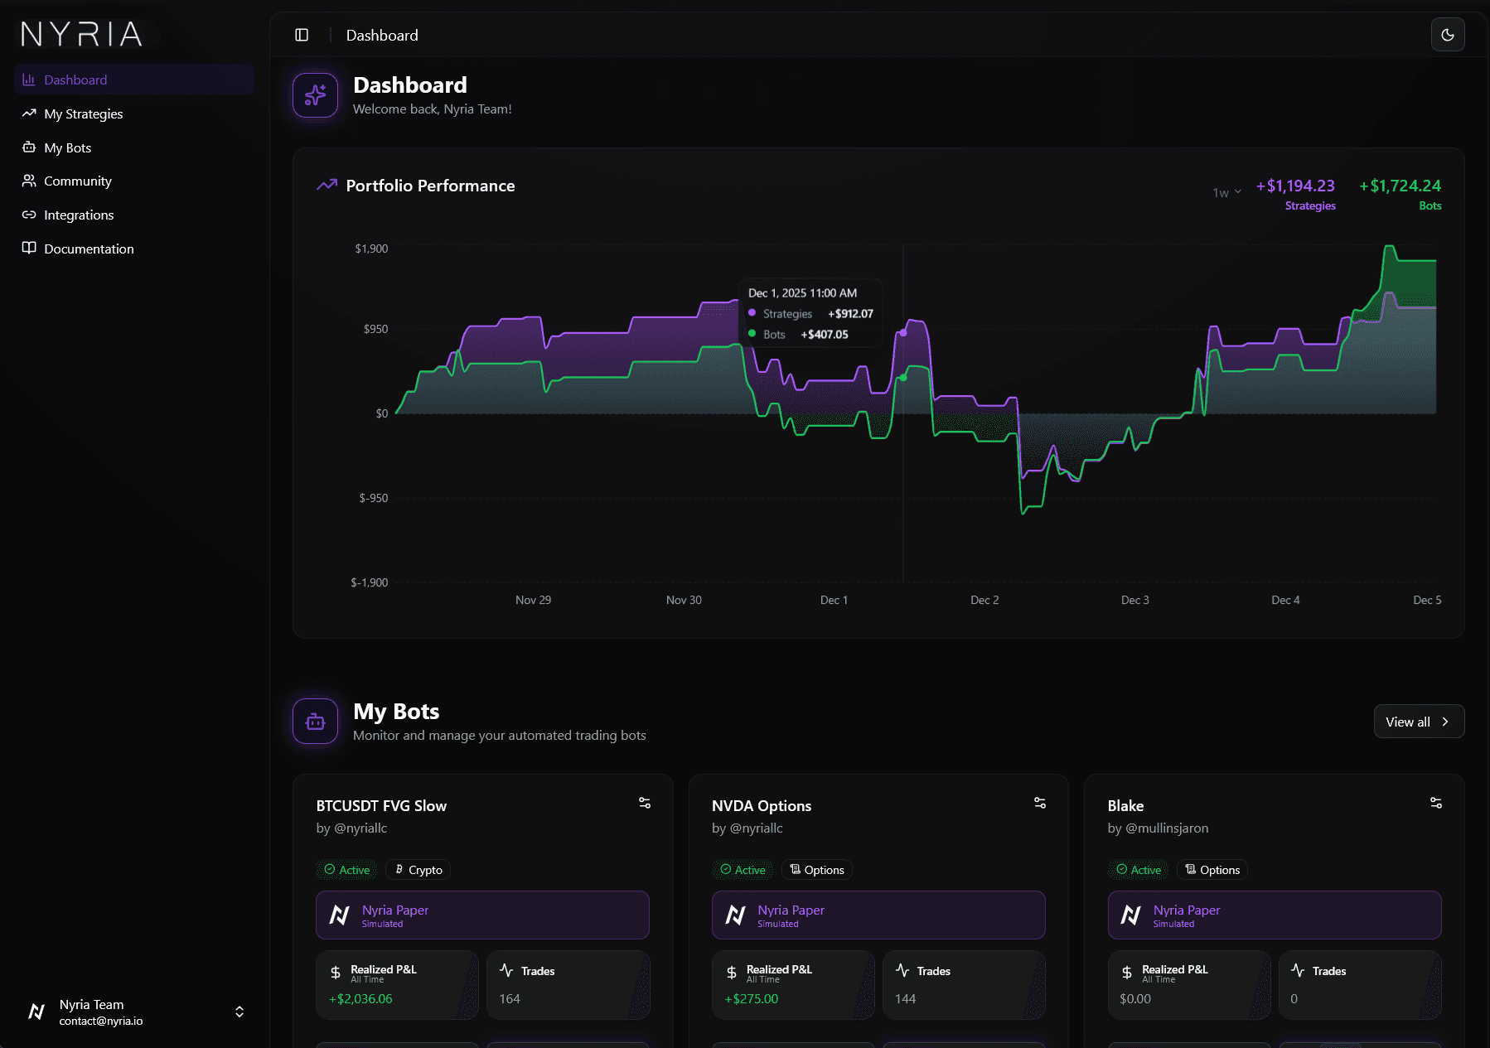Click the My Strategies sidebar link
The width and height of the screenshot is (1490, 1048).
click(x=83, y=113)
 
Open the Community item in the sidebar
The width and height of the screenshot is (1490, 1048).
click(x=77, y=181)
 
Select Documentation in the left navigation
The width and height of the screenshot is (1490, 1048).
click(x=88, y=249)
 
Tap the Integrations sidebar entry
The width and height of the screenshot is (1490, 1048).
click(x=78, y=215)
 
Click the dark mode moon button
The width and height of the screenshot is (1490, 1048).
click(x=1447, y=35)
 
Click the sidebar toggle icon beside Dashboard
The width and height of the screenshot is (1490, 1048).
click(x=302, y=35)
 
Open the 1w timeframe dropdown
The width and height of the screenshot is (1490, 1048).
click(x=1226, y=192)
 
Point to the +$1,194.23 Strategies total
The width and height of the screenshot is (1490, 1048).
click(x=1295, y=186)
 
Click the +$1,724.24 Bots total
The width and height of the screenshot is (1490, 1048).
click(x=1400, y=186)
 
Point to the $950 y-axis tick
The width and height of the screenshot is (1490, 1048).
click(x=375, y=329)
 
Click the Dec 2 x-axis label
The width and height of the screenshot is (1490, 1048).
click(x=984, y=600)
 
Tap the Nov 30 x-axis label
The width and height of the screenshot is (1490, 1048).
click(x=684, y=600)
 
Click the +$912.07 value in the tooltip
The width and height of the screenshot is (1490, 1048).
click(x=850, y=314)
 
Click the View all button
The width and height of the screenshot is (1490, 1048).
click(x=1418, y=722)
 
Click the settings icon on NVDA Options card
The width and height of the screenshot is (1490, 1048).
click(x=1040, y=803)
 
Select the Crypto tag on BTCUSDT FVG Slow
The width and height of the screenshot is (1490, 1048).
click(x=418, y=870)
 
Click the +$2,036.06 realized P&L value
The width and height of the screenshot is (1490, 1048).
click(x=360, y=999)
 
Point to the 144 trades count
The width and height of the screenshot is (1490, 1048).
click(x=905, y=999)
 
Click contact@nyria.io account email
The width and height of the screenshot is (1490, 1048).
click(x=101, y=1021)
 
